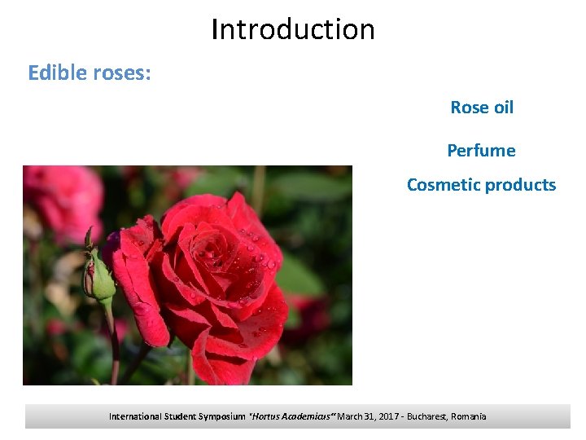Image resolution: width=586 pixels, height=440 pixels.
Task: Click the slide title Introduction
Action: point(293,29)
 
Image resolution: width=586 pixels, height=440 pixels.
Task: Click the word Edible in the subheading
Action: point(55,73)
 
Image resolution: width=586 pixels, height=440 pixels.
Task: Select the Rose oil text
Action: point(482,108)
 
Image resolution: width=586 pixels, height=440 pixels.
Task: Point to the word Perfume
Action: point(481,151)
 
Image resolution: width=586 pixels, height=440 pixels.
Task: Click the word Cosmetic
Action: point(444,185)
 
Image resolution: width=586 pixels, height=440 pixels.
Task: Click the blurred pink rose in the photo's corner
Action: point(61,200)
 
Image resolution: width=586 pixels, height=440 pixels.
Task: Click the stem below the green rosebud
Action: point(111,342)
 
